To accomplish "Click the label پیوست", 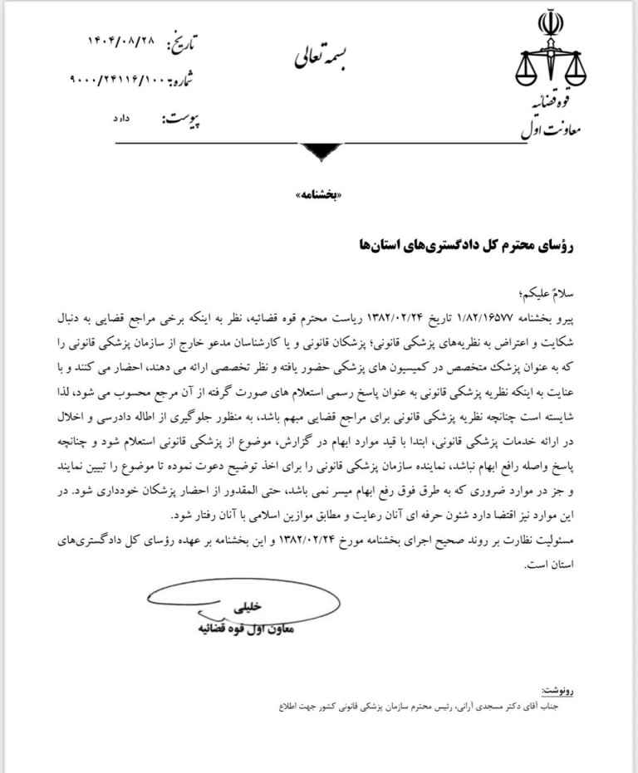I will pos(182,121).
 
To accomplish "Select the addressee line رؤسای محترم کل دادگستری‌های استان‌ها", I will pos(461,245).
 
